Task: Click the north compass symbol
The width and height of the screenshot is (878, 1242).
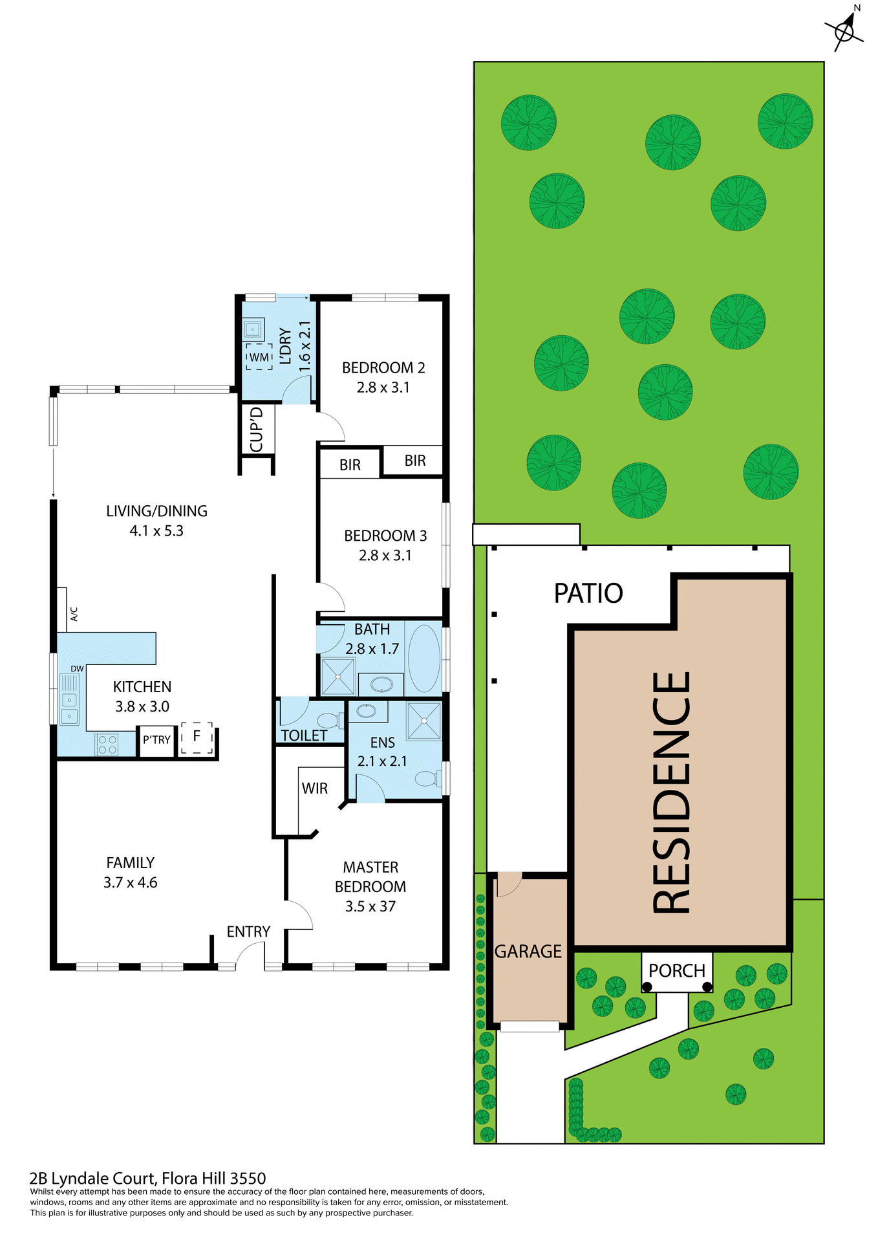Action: coord(845,30)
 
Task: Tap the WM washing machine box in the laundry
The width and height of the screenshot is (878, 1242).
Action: coord(259,357)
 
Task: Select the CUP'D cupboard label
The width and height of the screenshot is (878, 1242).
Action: coord(257,429)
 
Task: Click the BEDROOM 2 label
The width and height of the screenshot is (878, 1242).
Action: coord(383,367)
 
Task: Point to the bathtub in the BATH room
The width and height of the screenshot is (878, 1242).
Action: coord(424,658)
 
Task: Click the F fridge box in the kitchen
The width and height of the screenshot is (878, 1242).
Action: coord(197,737)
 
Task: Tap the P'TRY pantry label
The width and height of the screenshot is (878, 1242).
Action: coord(156,739)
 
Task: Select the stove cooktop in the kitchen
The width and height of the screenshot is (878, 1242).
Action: coord(107,745)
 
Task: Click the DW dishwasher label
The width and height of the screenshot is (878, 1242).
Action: coord(77,668)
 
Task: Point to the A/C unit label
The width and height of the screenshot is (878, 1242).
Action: coord(74,614)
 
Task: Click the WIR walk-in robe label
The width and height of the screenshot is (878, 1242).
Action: coord(315,788)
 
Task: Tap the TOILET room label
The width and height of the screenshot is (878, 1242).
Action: coord(304,735)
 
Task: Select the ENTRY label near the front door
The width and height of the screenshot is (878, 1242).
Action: coord(248,931)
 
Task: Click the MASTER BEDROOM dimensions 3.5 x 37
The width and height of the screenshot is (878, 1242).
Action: coord(370,906)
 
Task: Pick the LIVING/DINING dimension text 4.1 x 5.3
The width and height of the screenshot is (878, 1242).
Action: coord(156,530)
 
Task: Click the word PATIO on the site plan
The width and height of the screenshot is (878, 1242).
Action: coord(588,593)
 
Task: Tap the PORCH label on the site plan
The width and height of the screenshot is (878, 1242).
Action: coord(676,970)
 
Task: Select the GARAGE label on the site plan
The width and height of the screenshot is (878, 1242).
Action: coord(528,951)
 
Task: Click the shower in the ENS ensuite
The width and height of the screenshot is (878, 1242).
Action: coord(423,721)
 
